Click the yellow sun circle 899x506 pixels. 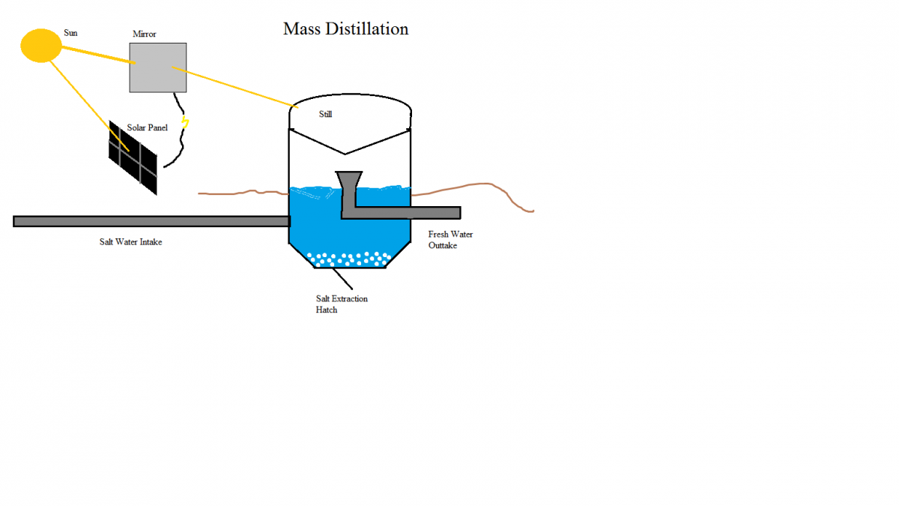click(40, 45)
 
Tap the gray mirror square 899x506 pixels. click(157, 67)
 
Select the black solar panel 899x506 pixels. click(133, 158)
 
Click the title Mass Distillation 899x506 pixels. click(345, 29)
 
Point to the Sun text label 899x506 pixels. click(70, 33)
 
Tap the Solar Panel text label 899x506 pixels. click(147, 127)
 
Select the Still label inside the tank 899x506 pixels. click(325, 115)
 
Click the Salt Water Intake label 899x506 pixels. click(131, 241)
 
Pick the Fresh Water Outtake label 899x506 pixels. click(449, 240)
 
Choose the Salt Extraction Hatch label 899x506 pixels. click(342, 304)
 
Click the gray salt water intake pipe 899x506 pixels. click(150, 221)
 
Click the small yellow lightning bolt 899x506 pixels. click(184, 122)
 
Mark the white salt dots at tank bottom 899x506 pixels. click(349, 259)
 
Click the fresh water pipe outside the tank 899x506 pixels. click(435, 213)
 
